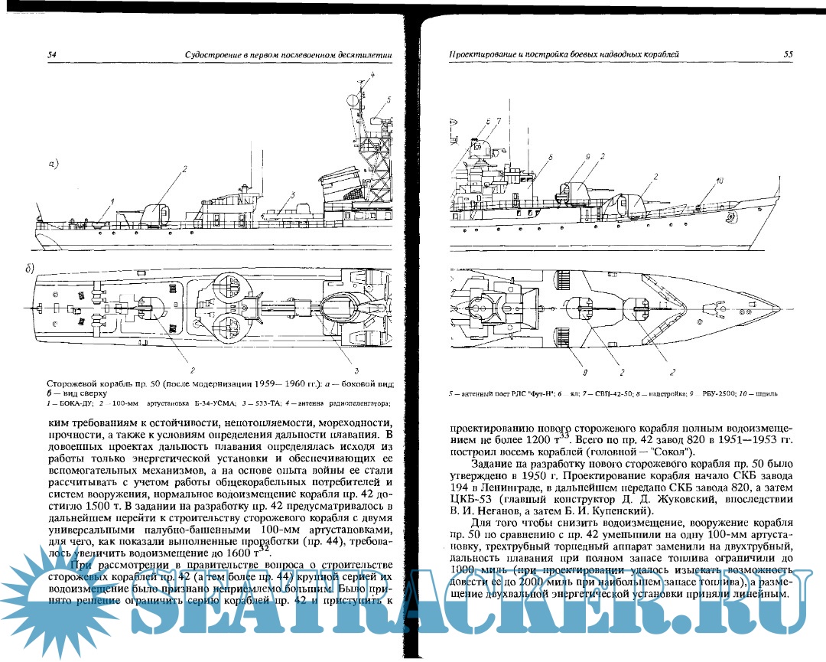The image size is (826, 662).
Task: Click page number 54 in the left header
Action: pos(52,54)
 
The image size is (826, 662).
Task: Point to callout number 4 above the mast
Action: pos(372,73)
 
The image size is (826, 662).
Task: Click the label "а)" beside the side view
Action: pos(54,163)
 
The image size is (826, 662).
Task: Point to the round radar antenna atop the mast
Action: pos(351,99)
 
